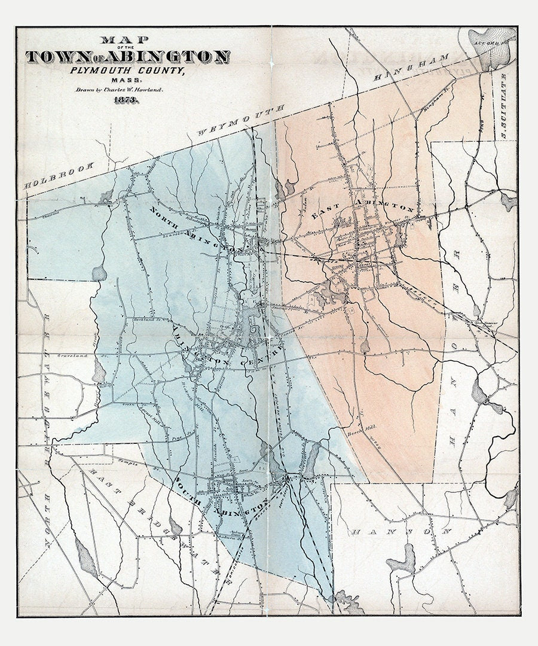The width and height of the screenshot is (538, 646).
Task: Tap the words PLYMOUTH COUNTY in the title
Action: pyautogui.click(x=127, y=71)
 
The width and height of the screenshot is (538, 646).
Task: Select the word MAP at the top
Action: pyautogui.click(x=126, y=41)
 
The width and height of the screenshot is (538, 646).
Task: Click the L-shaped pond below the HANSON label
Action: pyautogui.click(x=401, y=563)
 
